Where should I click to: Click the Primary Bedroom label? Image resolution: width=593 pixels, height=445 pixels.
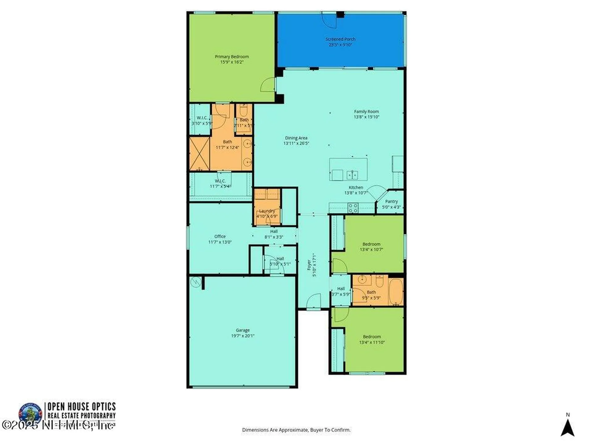232,57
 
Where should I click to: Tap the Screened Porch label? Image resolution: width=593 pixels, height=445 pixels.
340,39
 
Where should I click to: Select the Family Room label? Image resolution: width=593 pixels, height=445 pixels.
366,112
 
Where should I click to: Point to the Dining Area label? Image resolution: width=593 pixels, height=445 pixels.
296,138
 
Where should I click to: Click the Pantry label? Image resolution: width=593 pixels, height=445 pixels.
391,201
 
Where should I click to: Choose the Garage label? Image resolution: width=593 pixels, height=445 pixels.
242,330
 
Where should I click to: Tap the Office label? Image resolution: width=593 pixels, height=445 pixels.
220,236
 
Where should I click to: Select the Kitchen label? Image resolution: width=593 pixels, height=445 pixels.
356,188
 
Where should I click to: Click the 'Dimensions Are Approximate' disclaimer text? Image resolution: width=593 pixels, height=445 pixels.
296,430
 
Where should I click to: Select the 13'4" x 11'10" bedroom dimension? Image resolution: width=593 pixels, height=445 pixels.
372,342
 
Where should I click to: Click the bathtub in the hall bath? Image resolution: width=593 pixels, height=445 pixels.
396,292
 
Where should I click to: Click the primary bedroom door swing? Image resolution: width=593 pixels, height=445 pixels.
267,85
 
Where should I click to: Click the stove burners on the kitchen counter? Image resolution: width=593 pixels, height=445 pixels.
353,208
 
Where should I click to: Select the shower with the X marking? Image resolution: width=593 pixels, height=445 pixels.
200,154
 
